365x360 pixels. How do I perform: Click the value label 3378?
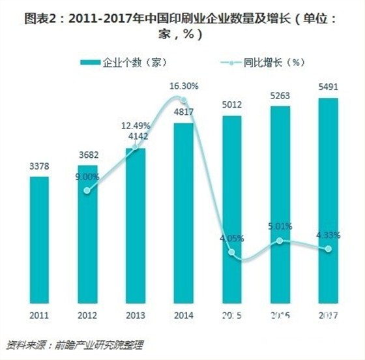[38, 167]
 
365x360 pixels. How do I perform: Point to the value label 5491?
[328, 89]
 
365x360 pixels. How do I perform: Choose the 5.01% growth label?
[280, 226]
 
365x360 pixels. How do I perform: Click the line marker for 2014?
[184, 100]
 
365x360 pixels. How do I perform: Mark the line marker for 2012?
[87, 191]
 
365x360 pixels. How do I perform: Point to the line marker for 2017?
[328, 249]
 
